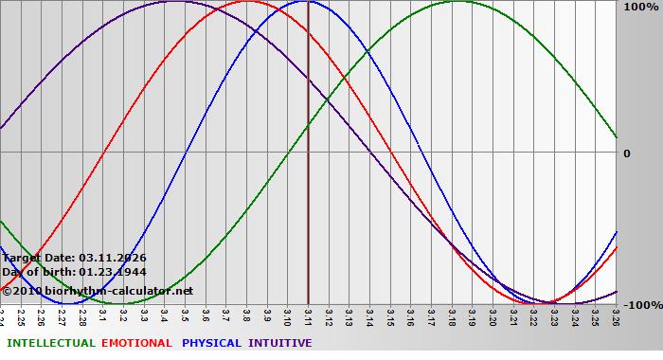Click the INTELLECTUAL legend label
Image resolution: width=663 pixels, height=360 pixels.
[x=51, y=343]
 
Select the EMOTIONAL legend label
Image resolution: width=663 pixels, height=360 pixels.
[x=136, y=343]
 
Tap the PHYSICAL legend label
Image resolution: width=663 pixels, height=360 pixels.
[x=212, y=343]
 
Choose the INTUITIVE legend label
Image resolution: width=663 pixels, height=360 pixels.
[x=280, y=343]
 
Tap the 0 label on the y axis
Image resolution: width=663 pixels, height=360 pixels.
[x=626, y=153]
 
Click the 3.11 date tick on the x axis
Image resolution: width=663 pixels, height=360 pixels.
[x=308, y=315]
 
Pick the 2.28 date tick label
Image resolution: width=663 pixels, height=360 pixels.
[x=82, y=315]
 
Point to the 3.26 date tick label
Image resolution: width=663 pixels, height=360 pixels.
[x=616, y=315]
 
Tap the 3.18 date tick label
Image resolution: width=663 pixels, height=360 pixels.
[x=452, y=315]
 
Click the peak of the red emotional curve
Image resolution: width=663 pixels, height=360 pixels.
[x=247, y=1]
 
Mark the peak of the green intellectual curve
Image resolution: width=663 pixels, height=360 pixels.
[x=457, y=1]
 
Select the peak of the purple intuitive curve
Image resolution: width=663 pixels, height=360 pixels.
[x=174, y=1]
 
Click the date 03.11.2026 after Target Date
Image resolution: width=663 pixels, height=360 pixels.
[x=113, y=258]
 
